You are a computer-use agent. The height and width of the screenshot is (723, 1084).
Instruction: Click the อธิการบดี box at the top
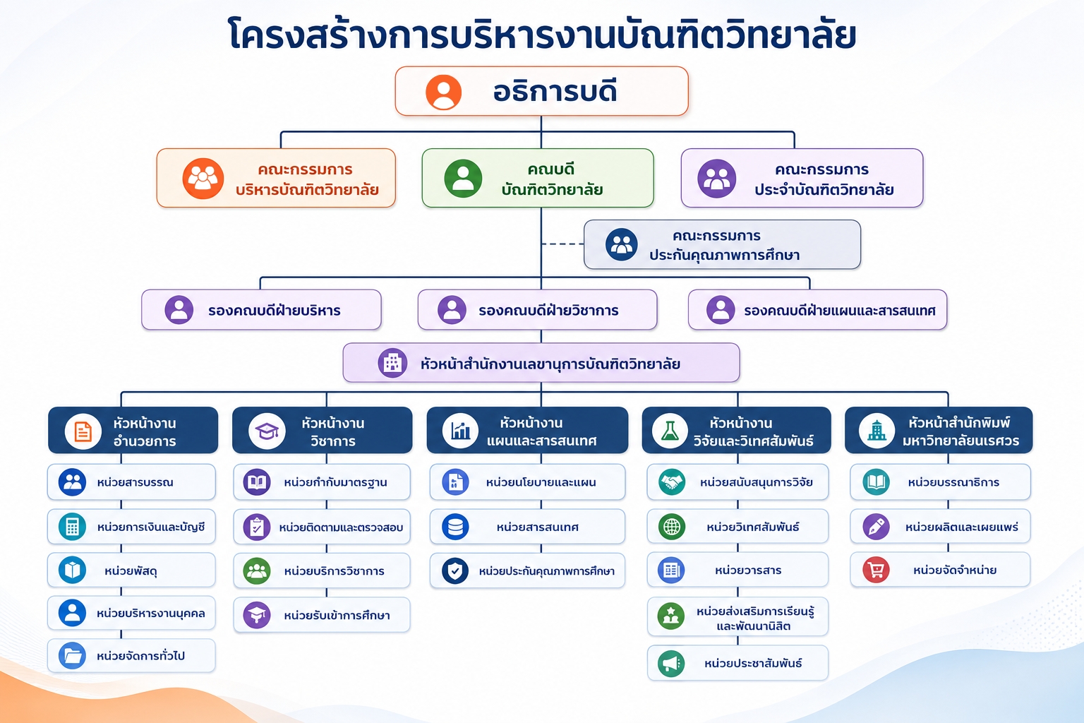point(541,91)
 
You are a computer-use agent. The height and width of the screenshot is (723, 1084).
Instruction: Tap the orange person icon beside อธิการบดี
point(443,92)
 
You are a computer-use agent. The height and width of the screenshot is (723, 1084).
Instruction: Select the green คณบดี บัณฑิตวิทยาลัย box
point(538,178)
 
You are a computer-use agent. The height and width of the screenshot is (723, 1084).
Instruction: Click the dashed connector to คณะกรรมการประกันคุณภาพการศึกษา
point(562,244)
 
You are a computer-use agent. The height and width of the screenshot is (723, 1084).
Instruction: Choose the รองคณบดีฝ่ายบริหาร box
point(261,310)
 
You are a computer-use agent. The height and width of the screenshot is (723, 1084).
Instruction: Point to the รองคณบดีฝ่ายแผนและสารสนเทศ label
point(840,311)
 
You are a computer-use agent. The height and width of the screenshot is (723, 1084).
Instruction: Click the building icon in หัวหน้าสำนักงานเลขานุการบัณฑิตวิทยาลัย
point(392,363)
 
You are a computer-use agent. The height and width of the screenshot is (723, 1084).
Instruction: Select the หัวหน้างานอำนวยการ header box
point(133,430)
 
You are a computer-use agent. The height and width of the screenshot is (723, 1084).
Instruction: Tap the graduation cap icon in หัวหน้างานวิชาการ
point(267,431)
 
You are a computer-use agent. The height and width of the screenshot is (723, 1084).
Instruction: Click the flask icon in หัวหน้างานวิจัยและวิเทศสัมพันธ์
point(670,431)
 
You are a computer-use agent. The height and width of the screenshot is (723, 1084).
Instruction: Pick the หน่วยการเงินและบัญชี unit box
point(131,527)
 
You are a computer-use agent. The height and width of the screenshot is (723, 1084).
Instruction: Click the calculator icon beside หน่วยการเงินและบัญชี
point(72,527)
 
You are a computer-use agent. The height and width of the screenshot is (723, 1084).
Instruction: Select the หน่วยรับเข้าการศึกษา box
point(322,615)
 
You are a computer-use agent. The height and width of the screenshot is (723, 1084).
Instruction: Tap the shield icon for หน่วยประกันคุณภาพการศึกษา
point(455,571)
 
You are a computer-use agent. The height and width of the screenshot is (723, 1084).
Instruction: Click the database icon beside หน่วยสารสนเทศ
point(455,527)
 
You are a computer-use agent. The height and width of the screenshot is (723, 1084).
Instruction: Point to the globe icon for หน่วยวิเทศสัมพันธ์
point(672,527)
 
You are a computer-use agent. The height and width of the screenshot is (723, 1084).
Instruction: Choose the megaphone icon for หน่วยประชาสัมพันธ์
point(671,663)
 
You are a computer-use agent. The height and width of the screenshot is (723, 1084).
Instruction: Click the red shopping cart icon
point(876,570)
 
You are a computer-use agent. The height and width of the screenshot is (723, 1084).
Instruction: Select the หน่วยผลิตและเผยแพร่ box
point(940,527)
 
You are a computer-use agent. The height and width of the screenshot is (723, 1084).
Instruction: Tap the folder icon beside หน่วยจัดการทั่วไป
point(72,656)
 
